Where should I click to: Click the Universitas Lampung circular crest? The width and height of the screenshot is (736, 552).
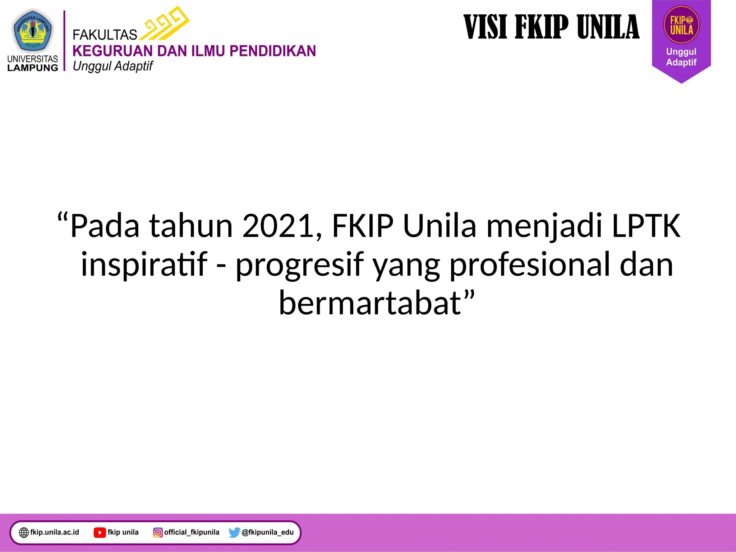click(33, 31)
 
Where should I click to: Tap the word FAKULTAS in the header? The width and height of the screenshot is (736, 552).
click(105, 35)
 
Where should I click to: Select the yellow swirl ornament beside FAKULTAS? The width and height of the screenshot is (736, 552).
click(165, 23)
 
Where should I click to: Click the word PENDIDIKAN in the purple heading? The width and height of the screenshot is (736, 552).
click(273, 51)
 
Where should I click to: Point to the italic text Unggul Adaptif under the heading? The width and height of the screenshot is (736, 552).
click(113, 66)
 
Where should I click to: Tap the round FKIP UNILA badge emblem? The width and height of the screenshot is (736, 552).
click(681, 25)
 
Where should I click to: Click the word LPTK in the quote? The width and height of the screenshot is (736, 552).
click(646, 226)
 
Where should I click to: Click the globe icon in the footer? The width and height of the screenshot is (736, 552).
click(24, 532)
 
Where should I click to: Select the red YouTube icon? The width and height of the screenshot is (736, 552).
click(100, 532)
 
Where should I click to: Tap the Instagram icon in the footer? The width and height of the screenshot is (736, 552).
click(158, 532)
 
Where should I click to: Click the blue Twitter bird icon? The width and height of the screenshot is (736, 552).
click(234, 532)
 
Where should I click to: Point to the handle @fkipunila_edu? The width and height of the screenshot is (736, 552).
click(268, 532)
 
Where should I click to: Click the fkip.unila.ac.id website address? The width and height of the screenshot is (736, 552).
click(55, 532)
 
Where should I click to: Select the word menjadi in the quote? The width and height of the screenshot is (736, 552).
click(544, 226)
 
